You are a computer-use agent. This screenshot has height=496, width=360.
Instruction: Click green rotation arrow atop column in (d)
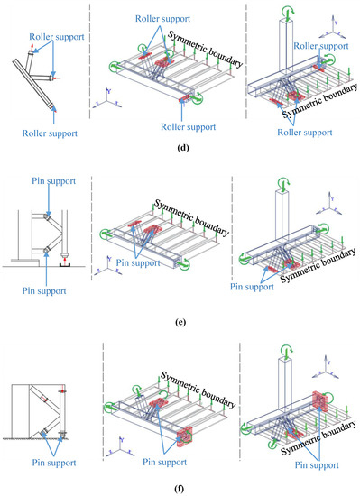point(285,10)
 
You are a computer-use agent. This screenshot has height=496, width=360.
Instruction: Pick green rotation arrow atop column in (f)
point(288,345)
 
